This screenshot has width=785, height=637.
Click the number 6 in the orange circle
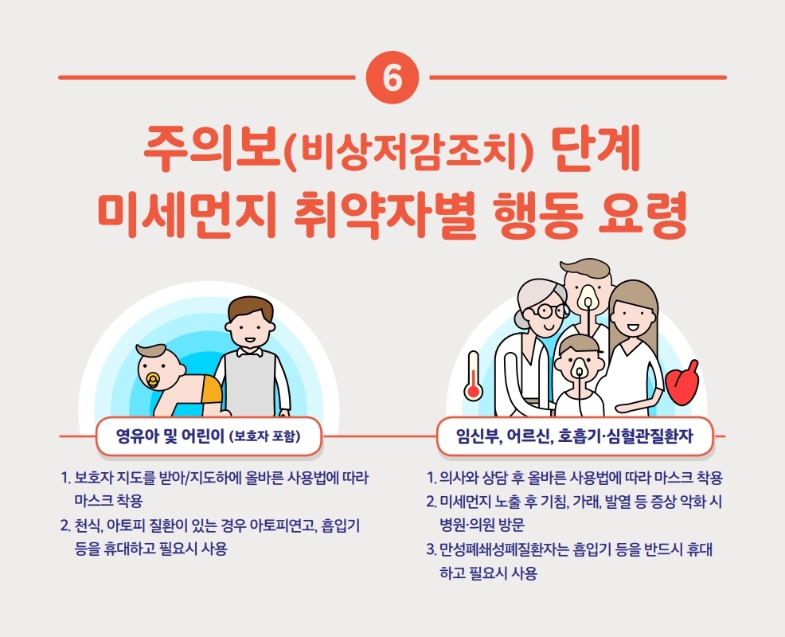point(392,77)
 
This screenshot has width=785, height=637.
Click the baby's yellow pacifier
point(152,381)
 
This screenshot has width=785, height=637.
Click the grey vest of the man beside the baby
point(250,383)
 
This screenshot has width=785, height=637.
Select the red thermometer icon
point(473,376)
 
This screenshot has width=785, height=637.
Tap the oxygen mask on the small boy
point(579,368)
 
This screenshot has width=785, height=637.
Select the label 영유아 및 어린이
point(170,436)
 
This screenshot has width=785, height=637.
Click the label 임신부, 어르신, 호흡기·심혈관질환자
point(574,436)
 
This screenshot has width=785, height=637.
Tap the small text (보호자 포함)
point(264,436)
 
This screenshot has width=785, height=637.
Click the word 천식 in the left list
point(88,526)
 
